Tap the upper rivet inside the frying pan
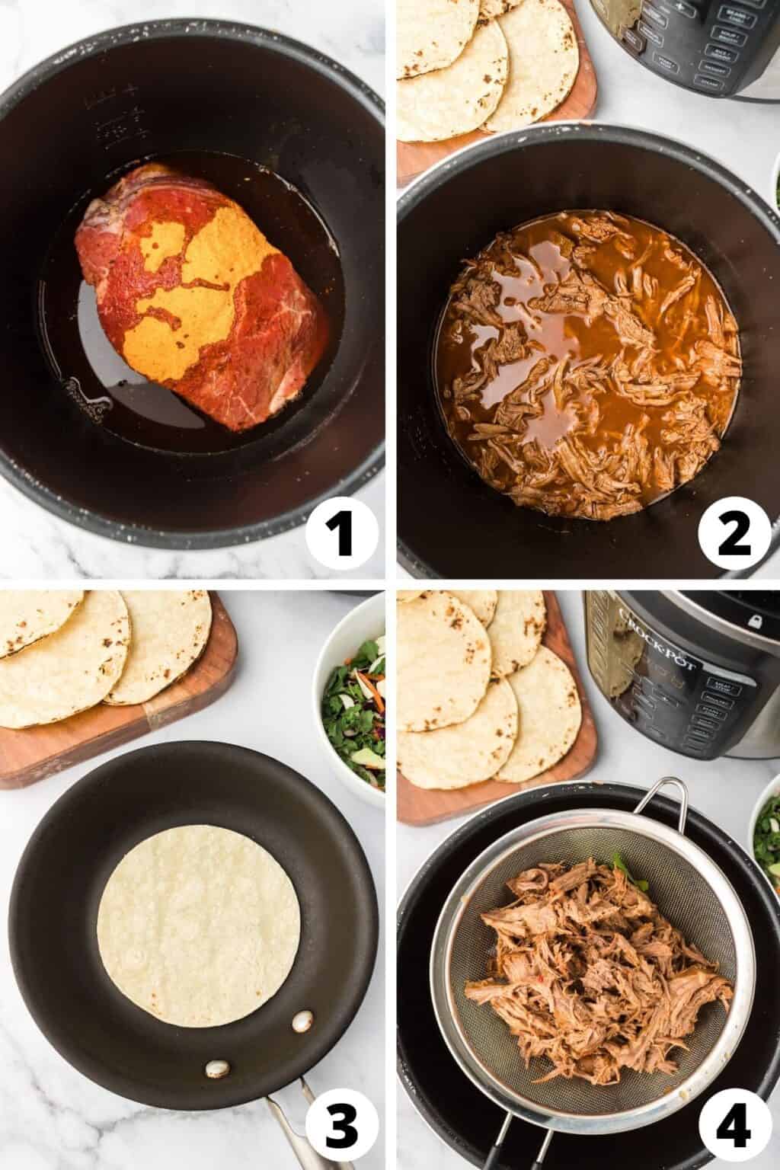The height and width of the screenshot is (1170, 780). pos(304,1018)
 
